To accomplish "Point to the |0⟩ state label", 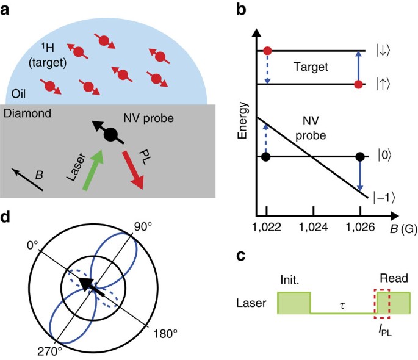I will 381,157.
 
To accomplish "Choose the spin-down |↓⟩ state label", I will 381,51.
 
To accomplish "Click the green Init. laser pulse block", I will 294,303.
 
